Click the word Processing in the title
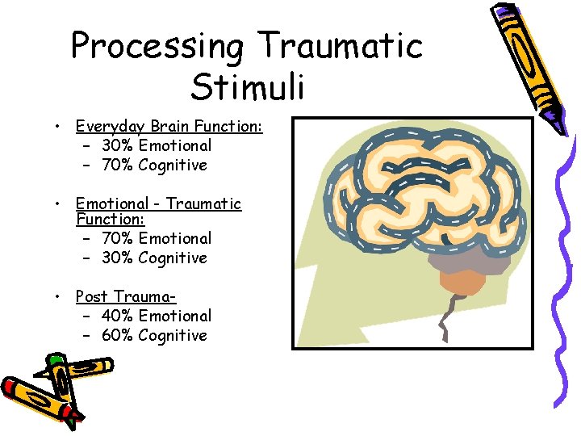click(157, 47)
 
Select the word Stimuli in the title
click(249, 86)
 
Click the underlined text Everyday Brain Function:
click(169, 126)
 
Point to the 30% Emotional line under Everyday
click(157, 146)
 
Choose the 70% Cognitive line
click(154, 166)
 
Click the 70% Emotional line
click(157, 239)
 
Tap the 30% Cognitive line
click(154, 258)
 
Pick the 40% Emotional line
click(157, 317)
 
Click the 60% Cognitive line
click(154, 336)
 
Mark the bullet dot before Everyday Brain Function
click(60, 127)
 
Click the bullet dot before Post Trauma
click(60, 297)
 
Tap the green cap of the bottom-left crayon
click(55, 361)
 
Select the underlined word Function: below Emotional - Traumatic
click(110, 220)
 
